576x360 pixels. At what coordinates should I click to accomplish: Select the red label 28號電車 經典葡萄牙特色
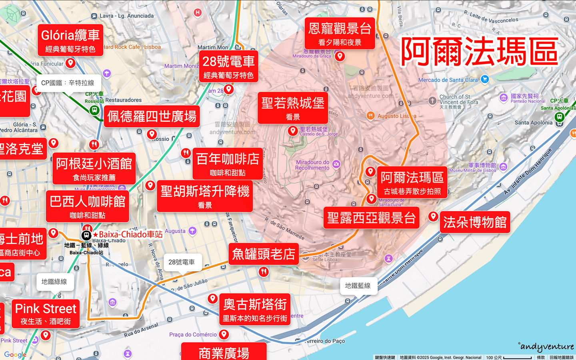(228, 66)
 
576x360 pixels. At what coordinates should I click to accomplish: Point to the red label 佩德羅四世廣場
(152, 116)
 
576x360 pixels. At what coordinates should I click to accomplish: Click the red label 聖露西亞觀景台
(371, 218)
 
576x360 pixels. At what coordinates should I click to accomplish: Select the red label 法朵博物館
(475, 222)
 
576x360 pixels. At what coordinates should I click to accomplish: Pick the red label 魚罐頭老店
(264, 254)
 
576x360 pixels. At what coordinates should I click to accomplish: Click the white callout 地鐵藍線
(358, 286)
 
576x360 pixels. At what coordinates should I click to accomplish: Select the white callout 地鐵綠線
(54, 282)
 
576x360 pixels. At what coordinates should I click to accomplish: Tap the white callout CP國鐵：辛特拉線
(68, 83)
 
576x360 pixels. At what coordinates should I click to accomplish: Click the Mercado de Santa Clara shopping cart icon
(485, 79)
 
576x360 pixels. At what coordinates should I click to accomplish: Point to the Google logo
(15, 354)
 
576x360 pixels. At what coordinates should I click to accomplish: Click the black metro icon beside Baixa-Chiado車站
(86, 235)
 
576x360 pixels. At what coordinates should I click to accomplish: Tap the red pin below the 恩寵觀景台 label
(340, 56)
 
